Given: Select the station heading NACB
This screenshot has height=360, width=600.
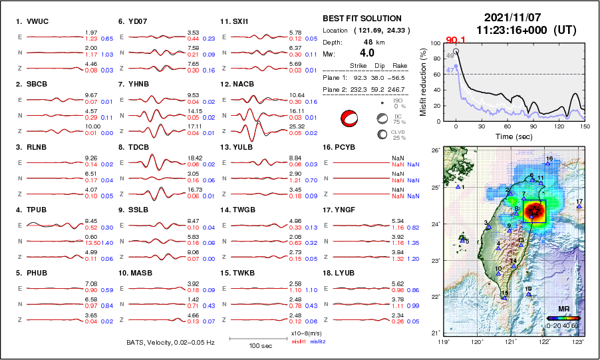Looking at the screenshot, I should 242,84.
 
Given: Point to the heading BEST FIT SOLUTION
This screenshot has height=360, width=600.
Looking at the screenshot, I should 361,19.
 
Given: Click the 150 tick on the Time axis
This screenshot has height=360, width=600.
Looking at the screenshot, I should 585,126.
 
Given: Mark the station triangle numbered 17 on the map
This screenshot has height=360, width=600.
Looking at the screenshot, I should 579,207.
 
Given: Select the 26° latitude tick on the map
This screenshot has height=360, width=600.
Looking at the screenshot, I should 434,151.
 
